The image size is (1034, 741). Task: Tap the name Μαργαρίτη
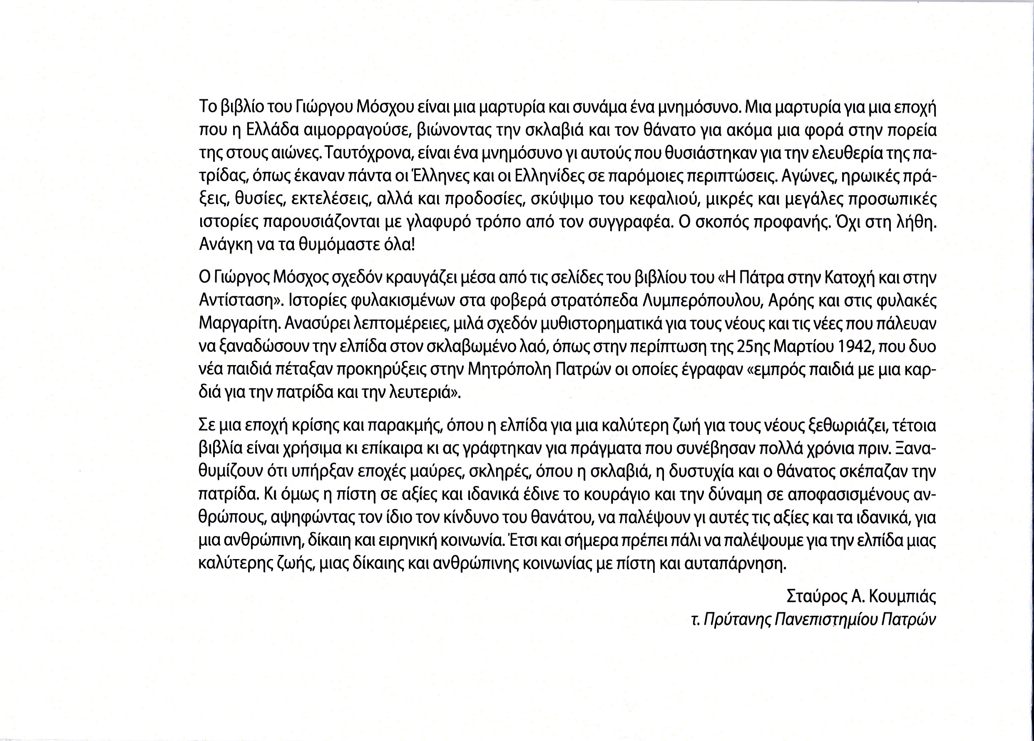(x=238, y=324)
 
